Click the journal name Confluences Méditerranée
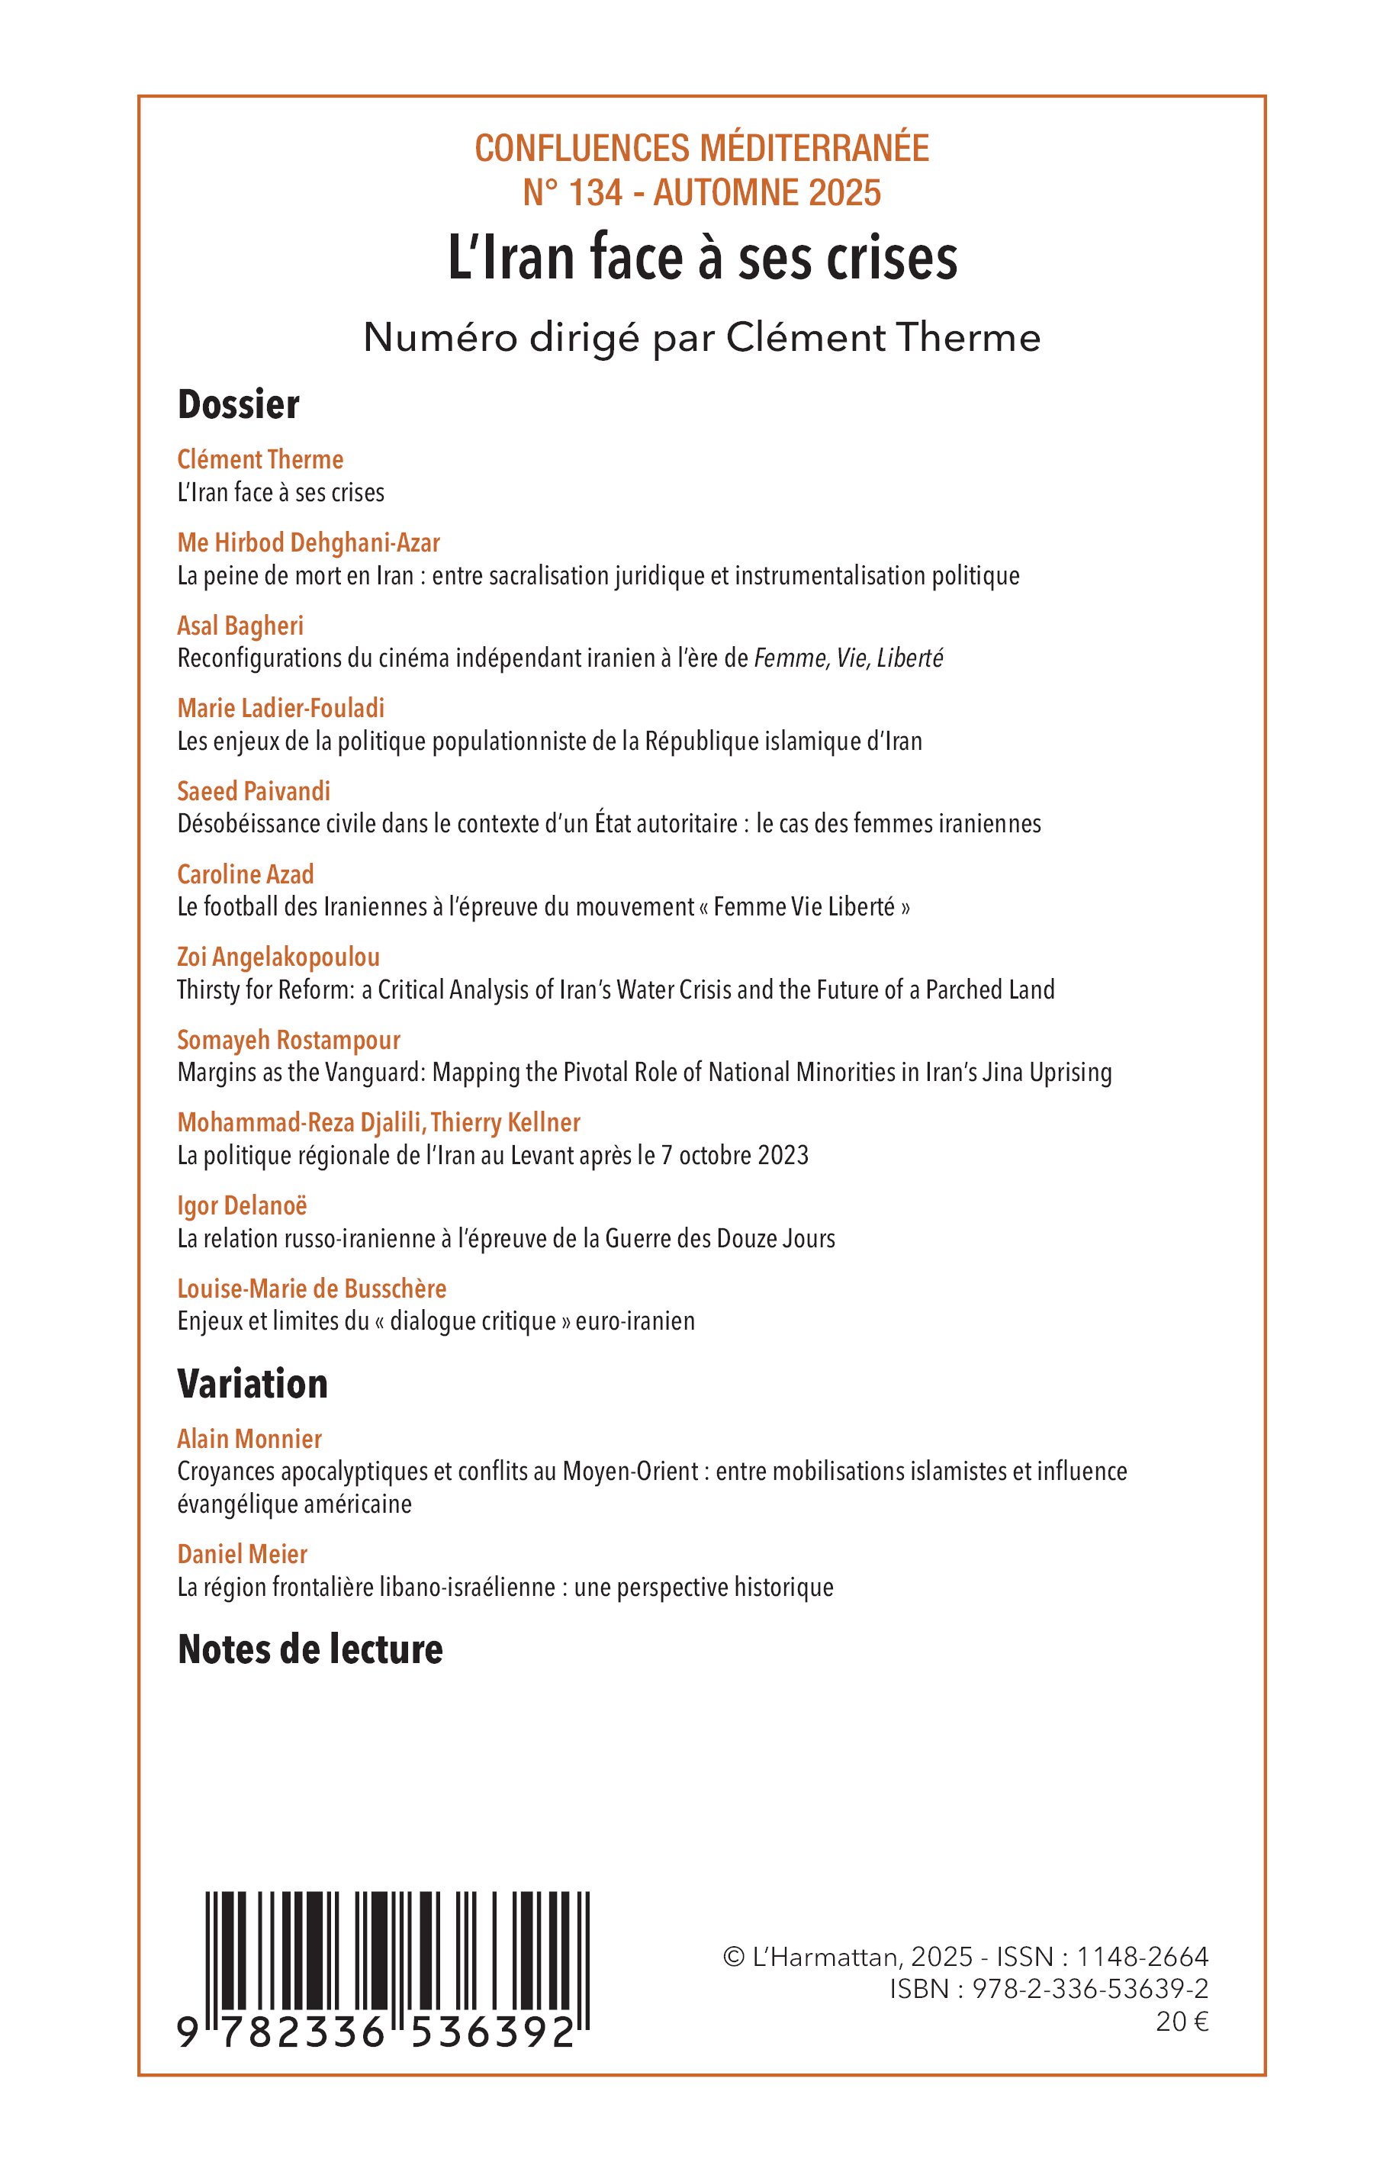(x=702, y=148)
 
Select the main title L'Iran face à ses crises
(x=703, y=259)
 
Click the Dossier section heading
(x=239, y=404)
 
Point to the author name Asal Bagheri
(x=240, y=626)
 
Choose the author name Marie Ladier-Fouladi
(x=281, y=708)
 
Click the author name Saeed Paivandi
(x=254, y=791)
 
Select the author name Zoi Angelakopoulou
(x=278, y=957)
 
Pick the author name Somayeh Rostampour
(x=288, y=1040)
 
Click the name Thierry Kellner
(x=506, y=1122)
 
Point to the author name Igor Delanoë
(x=242, y=1205)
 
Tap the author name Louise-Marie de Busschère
(x=312, y=1289)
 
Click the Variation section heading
(x=253, y=1383)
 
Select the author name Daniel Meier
(x=242, y=1554)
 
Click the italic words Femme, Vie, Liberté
(x=848, y=658)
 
